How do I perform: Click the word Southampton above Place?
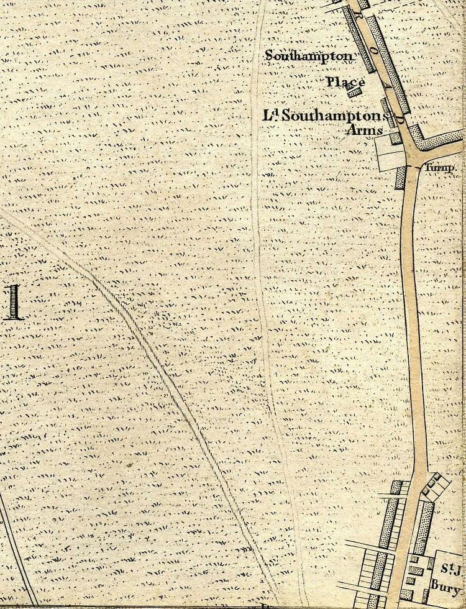click(x=309, y=56)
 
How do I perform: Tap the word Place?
click(x=345, y=82)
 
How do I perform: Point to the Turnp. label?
click(x=441, y=168)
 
